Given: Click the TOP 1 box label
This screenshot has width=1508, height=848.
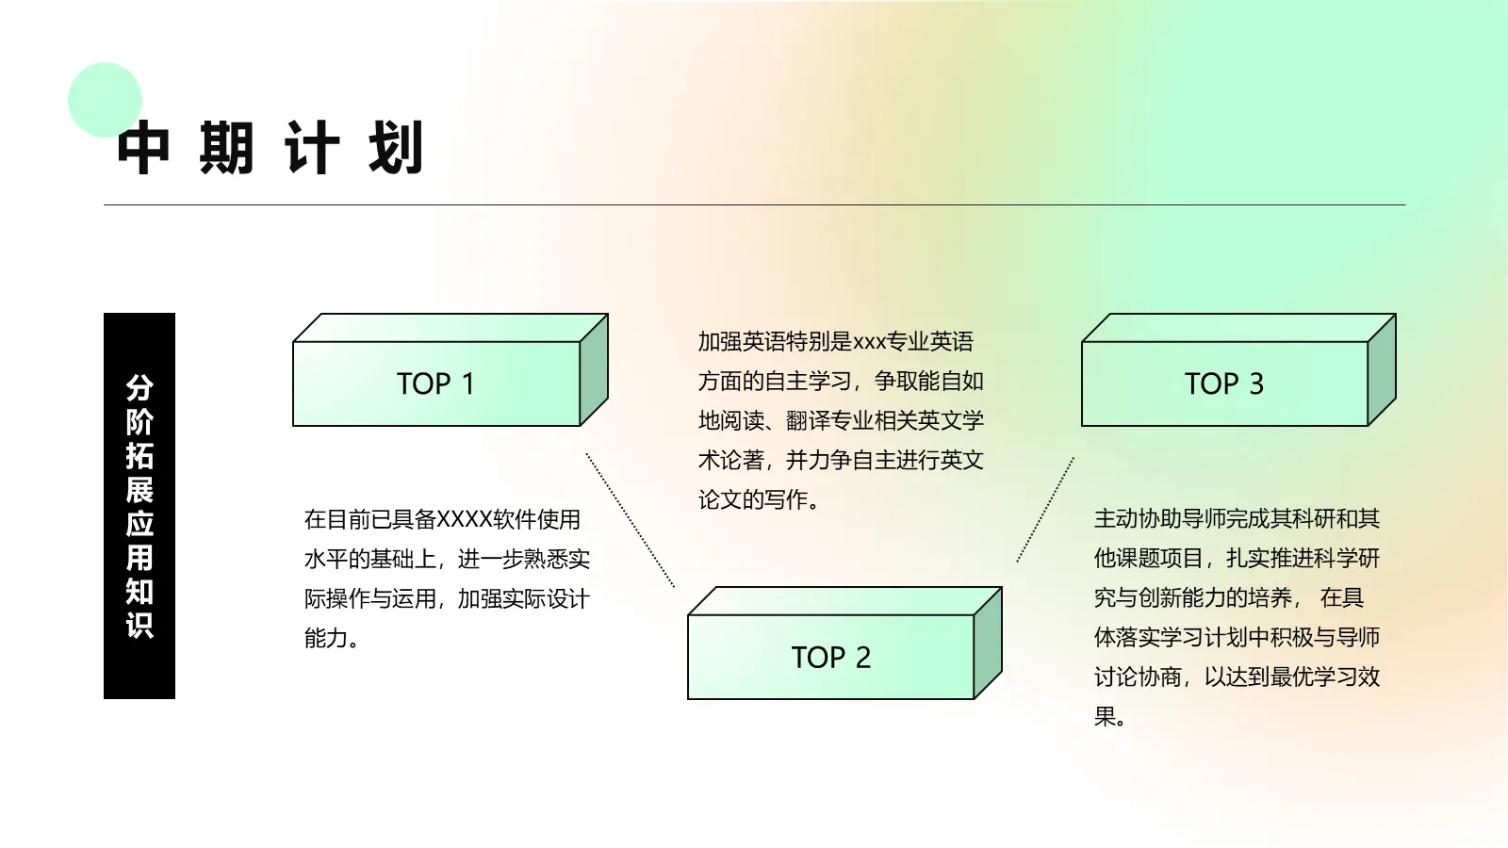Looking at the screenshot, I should (435, 383).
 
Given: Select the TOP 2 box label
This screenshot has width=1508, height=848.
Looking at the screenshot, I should (830, 657).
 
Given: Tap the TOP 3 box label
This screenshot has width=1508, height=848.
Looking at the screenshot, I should (1223, 383).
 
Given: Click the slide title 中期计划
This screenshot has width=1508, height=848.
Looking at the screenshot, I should (270, 148).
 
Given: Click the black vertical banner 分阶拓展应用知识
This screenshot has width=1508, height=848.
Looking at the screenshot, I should (139, 505).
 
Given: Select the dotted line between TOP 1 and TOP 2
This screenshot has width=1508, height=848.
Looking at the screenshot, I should (630, 520).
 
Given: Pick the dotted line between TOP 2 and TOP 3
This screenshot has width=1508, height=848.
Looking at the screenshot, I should (1045, 510).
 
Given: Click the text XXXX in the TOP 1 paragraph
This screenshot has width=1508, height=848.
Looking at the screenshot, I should (466, 519).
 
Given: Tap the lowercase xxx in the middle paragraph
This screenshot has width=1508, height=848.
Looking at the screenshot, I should (869, 341).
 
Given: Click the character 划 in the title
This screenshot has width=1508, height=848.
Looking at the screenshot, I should (396, 148).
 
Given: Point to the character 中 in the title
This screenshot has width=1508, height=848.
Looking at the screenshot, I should (144, 148).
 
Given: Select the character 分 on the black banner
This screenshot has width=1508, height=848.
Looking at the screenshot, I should (139, 387).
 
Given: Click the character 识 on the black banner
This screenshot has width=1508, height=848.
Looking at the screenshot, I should (139, 625).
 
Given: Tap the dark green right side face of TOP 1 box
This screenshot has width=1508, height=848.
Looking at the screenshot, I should (594, 370).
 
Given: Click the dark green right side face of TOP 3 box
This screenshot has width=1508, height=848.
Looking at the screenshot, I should (1382, 370).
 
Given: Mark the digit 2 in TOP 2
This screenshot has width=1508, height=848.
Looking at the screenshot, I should (862, 657).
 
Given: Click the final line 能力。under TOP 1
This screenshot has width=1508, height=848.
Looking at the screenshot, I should (331, 638).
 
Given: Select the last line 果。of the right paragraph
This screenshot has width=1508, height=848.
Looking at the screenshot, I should (1109, 716).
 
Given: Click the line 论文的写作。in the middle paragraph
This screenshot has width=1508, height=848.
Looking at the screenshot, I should (759, 499).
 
